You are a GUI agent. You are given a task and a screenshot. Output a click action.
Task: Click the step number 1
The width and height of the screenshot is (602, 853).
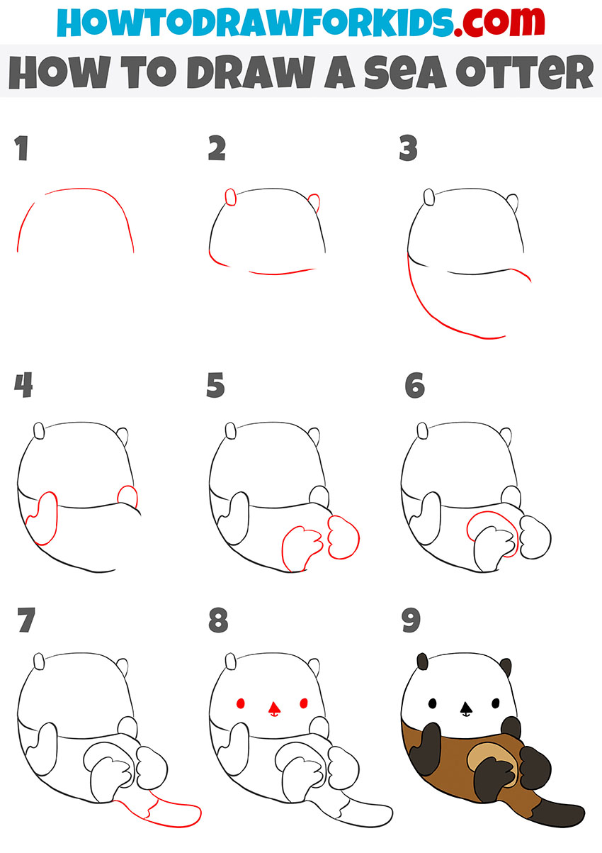21,150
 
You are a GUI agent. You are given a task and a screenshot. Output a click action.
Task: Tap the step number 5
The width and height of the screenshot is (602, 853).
215,386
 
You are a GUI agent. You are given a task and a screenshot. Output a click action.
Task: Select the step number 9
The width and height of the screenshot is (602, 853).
409,621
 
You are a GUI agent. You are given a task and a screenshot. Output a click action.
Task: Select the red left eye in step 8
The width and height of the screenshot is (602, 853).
240,703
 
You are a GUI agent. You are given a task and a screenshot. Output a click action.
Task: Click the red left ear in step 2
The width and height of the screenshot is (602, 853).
230,197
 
